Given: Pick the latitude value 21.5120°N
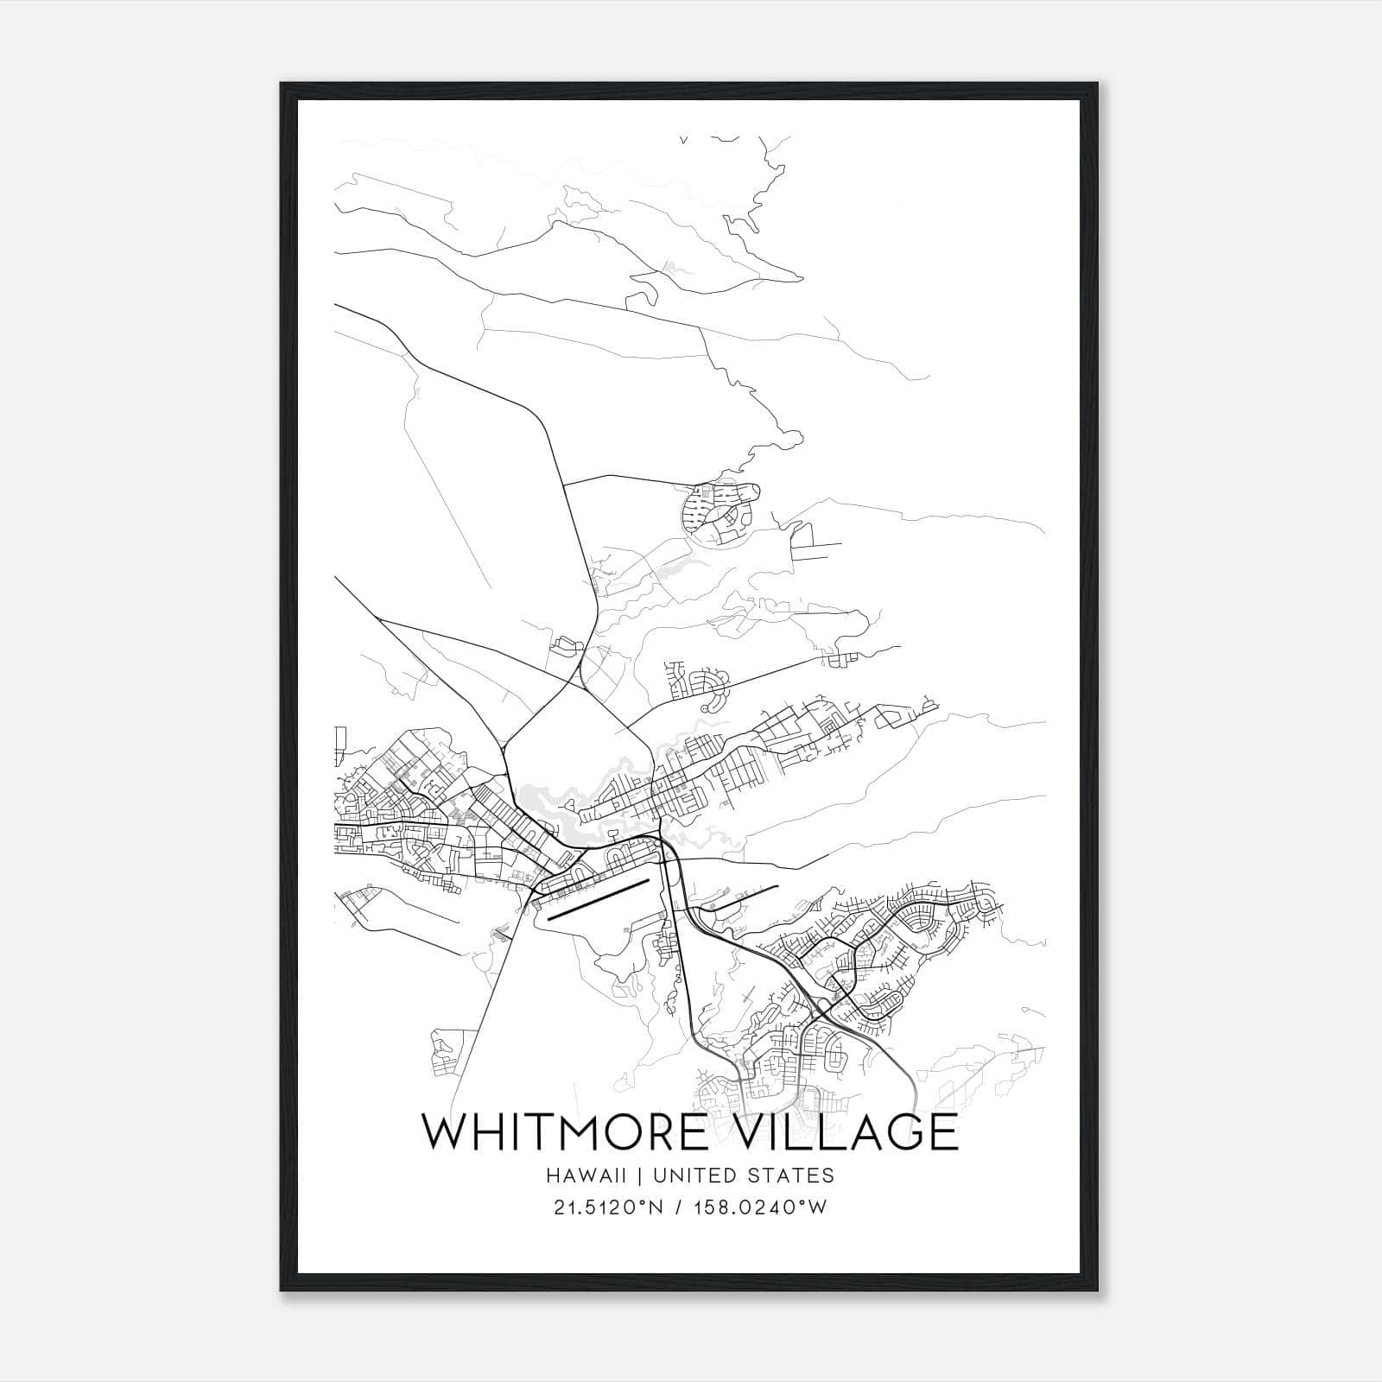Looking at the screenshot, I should pyautogui.click(x=608, y=1208).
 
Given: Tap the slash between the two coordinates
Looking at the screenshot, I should pyautogui.click(x=683, y=1208).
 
